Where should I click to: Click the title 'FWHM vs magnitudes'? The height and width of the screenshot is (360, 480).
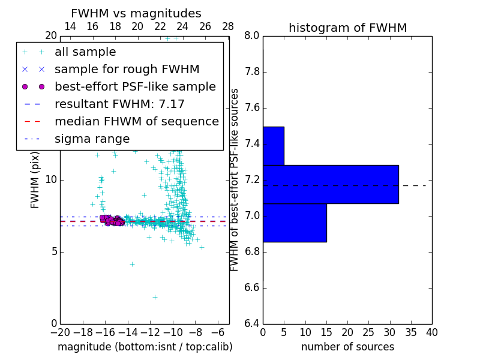(136, 14)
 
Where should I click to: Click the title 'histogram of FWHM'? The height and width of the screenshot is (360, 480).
(347, 28)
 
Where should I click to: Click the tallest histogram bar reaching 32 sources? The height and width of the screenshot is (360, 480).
(331, 184)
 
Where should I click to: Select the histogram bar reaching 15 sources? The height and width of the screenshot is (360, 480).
(295, 223)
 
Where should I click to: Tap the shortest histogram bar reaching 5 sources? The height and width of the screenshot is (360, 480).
(274, 146)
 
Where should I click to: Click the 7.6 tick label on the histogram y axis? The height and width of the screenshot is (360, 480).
(252, 108)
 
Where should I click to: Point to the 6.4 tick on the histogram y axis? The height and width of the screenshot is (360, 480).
(252, 324)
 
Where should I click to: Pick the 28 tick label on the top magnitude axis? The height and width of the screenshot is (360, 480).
(228, 26)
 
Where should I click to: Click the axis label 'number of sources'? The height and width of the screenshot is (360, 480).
(347, 347)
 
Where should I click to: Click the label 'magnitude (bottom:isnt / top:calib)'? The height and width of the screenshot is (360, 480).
(145, 347)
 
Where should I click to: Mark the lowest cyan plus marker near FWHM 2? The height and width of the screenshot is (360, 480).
(155, 297)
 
